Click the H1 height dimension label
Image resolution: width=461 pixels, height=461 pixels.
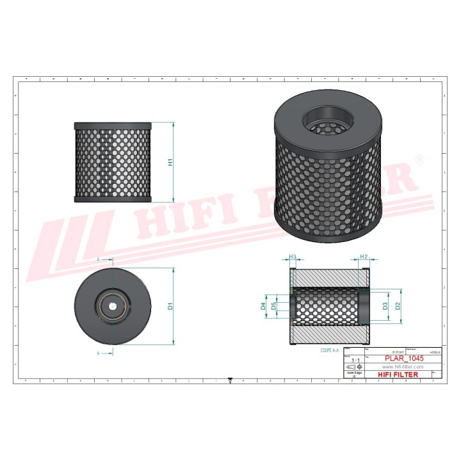click(170, 163)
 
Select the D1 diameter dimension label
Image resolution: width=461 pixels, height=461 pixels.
click(170, 306)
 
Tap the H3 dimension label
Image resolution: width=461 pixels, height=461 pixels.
click(293, 257)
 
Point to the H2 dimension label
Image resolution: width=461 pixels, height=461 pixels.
click(364, 257)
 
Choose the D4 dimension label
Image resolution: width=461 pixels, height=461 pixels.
click(263, 306)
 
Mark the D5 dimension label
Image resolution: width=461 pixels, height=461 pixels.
click(273, 306)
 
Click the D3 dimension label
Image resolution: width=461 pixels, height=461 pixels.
click(385, 306)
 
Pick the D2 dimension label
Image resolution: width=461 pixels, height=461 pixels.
click(398, 306)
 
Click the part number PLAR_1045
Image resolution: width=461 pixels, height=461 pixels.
click(405, 359)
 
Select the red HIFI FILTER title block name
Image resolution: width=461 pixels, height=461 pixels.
click(403, 374)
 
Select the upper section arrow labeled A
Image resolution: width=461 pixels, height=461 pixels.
click(99, 260)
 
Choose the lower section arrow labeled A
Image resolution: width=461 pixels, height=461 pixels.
click(99, 353)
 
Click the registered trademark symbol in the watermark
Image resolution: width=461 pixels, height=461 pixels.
click(420, 157)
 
